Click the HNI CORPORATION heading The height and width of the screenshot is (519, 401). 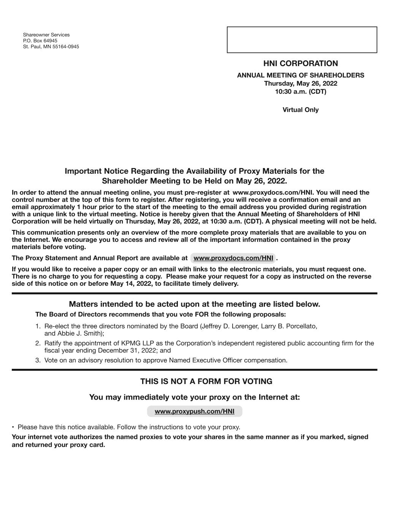300,63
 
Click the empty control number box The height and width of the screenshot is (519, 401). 302,40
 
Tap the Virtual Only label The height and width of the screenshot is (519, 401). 300,110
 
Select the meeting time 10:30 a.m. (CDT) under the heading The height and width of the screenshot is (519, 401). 300,92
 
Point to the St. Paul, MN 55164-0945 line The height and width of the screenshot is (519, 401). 51,47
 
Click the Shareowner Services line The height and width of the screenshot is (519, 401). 46,35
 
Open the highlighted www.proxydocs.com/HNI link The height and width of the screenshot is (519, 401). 233,258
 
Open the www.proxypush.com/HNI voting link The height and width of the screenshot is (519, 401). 194,411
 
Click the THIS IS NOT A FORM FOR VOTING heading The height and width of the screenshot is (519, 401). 206,381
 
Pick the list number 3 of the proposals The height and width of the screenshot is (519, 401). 38,360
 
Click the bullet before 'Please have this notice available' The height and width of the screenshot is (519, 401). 13,427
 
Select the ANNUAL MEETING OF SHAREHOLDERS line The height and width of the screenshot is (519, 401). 300,75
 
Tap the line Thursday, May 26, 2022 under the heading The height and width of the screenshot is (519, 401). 300,84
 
